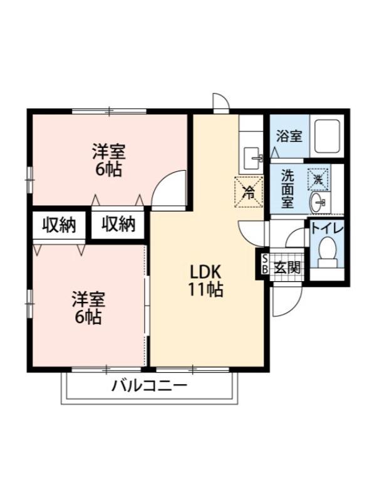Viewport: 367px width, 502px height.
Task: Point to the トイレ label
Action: coord(327,228)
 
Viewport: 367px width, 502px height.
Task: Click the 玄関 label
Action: coord(287,267)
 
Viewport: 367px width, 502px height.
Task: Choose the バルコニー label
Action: coord(149,385)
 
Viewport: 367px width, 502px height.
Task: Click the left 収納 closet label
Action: coord(59,224)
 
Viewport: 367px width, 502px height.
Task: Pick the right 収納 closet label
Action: coord(118,224)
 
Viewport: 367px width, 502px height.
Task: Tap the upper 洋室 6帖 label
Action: coord(109,160)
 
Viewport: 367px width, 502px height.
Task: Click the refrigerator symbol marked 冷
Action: coord(248,191)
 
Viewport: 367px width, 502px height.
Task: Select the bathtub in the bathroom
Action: coord(327,135)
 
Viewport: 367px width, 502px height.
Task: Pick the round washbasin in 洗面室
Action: coord(319,202)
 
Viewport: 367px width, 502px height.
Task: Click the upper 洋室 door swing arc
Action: coord(169,188)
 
